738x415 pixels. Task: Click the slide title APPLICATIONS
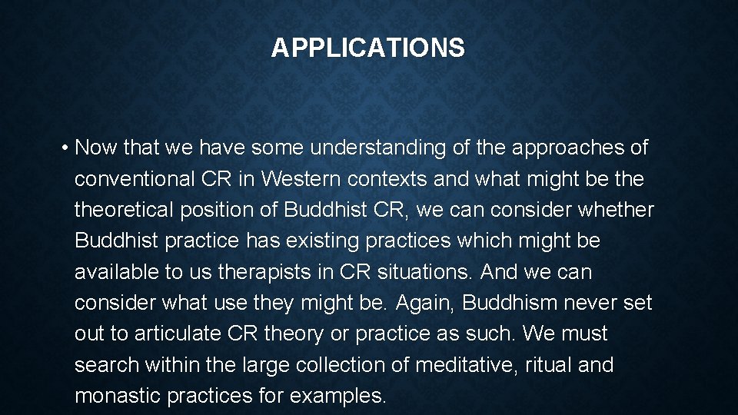point(367,48)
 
